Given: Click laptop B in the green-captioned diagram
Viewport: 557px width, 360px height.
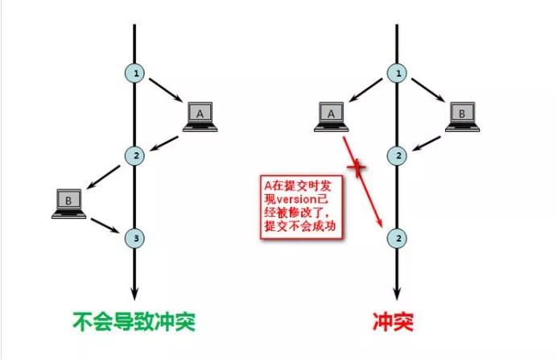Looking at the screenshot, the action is click(x=68, y=203).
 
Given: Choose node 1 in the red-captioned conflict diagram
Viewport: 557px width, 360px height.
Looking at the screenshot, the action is click(x=396, y=74).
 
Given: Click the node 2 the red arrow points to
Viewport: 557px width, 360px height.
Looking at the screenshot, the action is click(x=396, y=238).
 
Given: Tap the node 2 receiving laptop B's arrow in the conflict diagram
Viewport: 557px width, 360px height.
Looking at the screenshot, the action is click(x=396, y=155).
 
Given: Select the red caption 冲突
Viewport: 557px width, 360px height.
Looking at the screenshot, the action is click(x=395, y=324).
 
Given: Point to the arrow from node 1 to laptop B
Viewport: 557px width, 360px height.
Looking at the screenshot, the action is click(x=426, y=93).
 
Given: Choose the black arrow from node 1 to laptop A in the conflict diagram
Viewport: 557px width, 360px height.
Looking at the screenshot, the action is click(x=366, y=93).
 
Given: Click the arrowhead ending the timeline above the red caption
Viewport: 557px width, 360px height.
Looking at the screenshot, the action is click(x=396, y=295).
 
